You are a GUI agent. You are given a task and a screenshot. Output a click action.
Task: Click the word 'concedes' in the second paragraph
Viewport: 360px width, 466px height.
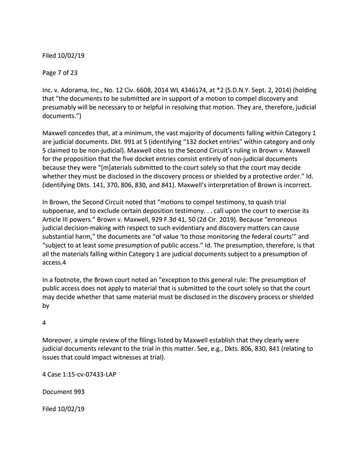(91, 132)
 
